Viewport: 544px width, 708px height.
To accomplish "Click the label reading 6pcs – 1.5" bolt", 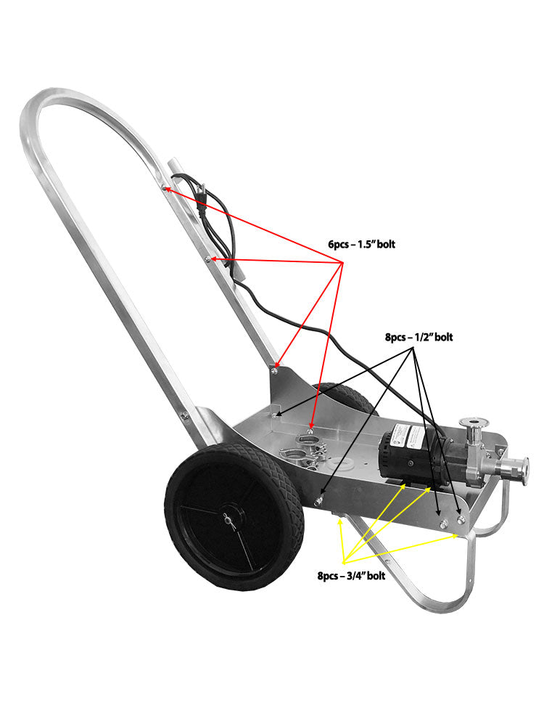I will (x=361, y=244).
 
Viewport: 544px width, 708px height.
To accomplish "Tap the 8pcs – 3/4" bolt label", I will (x=350, y=576).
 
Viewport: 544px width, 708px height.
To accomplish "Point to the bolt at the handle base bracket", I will (x=273, y=372).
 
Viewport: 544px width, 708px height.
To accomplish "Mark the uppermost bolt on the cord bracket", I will (x=165, y=188).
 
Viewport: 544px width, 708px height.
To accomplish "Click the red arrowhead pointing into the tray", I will (x=311, y=428).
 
